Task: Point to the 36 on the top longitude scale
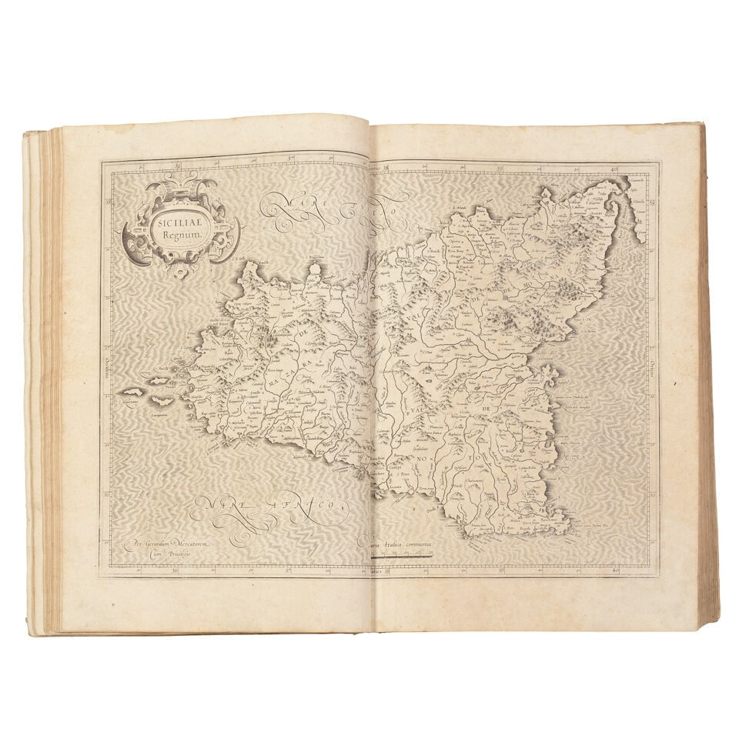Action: tap(178, 163)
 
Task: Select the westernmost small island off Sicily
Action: tap(132, 392)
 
